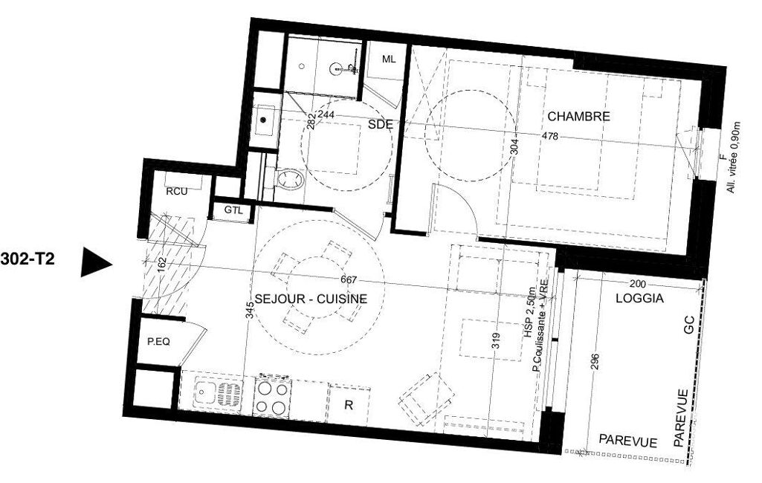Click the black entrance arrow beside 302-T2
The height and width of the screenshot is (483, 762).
(x=95, y=262)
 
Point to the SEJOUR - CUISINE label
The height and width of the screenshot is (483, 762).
(x=311, y=299)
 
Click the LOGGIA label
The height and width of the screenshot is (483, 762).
(x=639, y=299)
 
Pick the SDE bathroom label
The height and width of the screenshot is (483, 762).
(x=380, y=124)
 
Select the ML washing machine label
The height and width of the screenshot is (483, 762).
(x=389, y=59)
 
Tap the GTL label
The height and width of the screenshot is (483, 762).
(x=233, y=210)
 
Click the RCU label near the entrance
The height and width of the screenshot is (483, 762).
(x=176, y=192)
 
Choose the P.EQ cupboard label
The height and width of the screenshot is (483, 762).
(x=159, y=342)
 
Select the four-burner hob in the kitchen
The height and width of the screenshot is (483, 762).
(x=273, y=397)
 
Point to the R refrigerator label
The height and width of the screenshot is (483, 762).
(x=349, y=405)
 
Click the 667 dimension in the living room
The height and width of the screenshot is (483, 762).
(x=349, y=280)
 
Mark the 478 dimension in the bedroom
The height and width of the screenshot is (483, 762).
(x=549, y=137)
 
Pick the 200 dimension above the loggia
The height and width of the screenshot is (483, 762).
(x=638, y=284)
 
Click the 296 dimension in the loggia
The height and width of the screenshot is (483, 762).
(x=595, y=362)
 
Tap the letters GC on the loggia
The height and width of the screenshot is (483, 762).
(x=688, y=329)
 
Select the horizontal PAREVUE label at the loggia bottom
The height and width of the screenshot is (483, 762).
(x=628, y=441)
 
